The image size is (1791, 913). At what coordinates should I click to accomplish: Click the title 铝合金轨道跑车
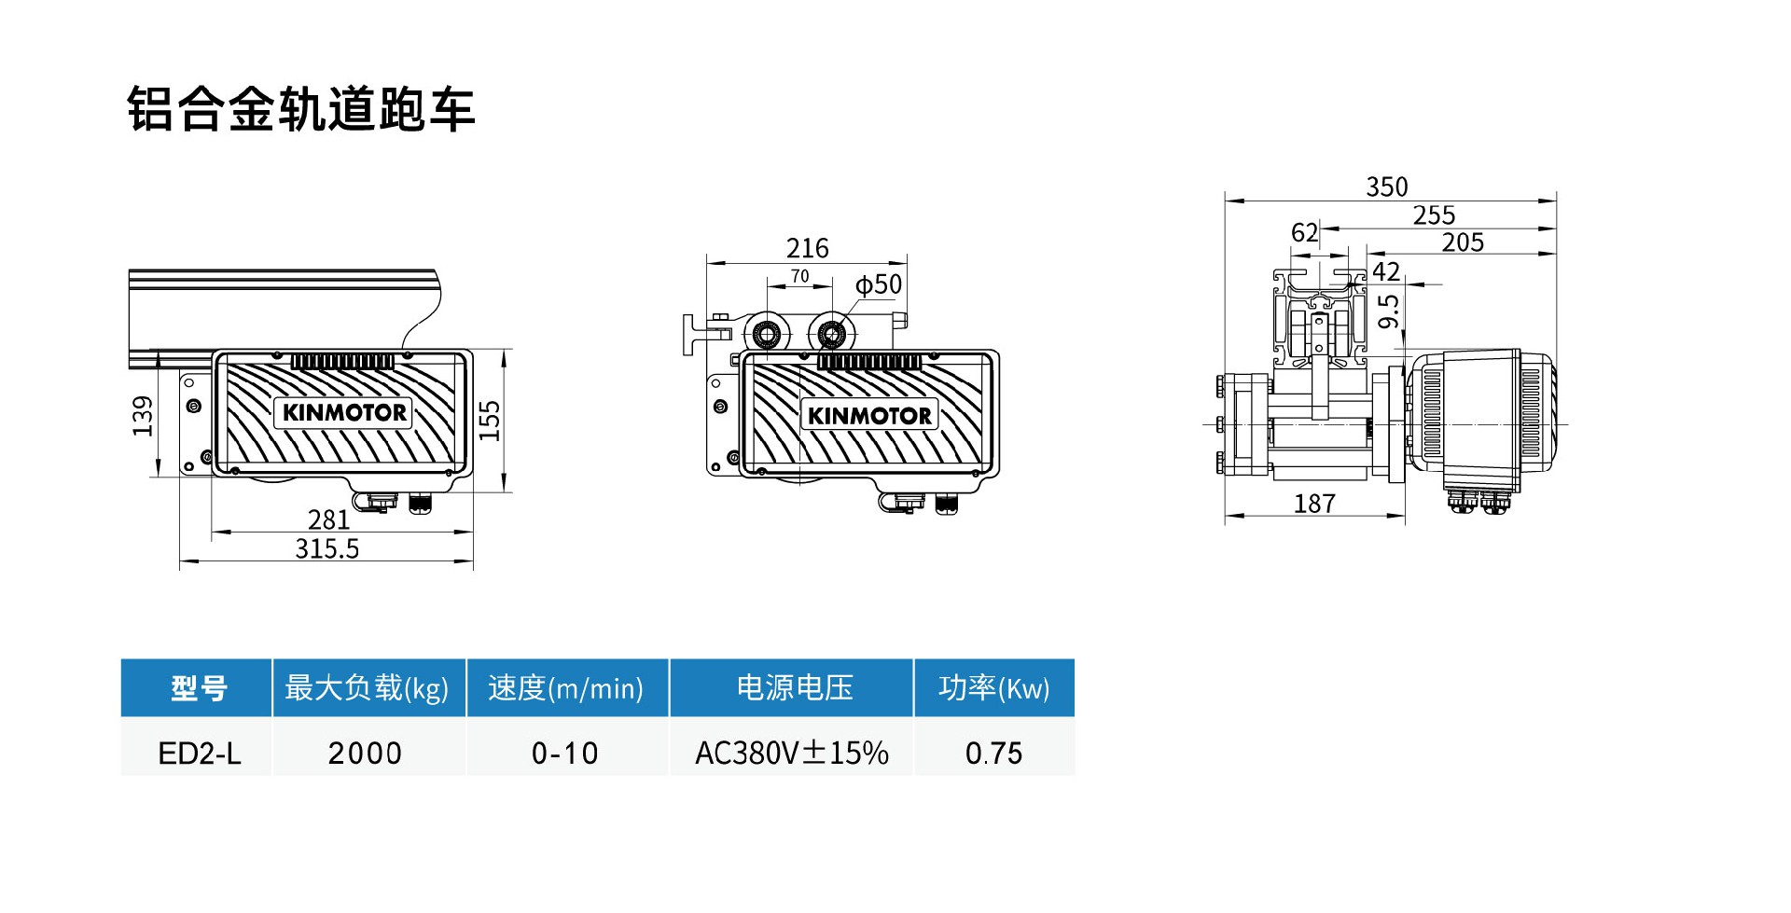[x=300, y=109]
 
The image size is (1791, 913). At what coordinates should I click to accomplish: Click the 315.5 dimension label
[x=327, y=548]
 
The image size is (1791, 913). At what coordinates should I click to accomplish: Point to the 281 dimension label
[x=328, y=519]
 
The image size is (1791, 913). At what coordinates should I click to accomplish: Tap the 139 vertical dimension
[x=143, y=416]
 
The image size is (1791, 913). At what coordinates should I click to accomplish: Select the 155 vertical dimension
[x=490, y=421]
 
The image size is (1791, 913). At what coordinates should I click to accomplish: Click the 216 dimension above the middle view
[x=807, y=248]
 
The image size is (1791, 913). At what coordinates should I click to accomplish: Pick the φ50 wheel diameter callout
[x=879, y=284]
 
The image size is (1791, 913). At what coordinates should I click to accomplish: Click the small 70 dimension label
[x=799, y=276]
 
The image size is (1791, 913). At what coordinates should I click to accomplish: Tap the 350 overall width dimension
[x=1387, y=187]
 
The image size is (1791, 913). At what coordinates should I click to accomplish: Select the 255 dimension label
[x=1434, y=215]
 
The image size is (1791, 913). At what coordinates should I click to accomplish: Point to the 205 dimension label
[x=1463, y=242]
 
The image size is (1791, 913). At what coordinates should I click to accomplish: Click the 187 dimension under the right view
[x=1314, y=504]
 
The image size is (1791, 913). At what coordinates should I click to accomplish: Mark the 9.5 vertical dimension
[x=1389, y=311]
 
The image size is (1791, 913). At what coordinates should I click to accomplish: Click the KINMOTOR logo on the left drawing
[x=343, y=412]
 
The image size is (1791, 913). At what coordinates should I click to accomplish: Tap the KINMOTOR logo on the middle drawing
[x=869, y=416]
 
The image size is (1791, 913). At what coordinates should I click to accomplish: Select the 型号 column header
[x=198, y=688]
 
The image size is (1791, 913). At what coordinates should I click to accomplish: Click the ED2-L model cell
[x=200, y=753]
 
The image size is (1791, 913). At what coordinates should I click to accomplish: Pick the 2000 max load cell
[x=365, y=753]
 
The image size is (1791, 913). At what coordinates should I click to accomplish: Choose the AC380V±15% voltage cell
[x=791, y=753]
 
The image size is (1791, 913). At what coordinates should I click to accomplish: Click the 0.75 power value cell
[x=993, y=753]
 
